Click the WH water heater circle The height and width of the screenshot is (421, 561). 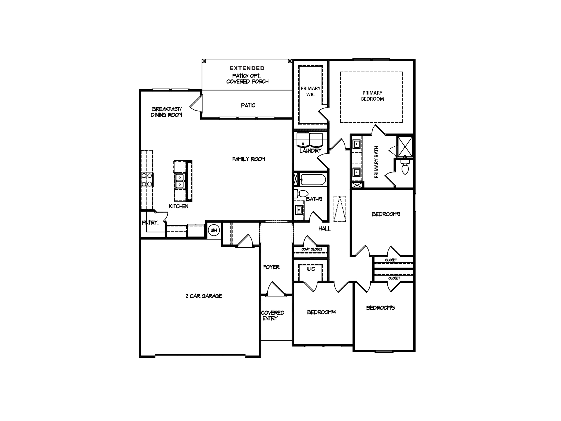214,230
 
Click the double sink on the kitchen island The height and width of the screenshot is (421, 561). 179,181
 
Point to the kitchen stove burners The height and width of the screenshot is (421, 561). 147,180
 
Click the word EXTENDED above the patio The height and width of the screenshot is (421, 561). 247,68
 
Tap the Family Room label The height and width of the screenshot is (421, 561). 248,159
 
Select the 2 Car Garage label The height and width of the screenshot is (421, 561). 204,296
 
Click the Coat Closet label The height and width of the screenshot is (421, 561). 312,249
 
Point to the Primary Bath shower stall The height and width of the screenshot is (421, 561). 405,146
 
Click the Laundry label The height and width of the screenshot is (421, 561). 310,151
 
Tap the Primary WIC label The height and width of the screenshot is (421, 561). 310,92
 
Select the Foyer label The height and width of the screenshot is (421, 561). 271,267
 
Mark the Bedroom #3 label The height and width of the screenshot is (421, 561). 380,308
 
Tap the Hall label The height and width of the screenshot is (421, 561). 324,228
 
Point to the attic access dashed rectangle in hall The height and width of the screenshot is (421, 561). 340,209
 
